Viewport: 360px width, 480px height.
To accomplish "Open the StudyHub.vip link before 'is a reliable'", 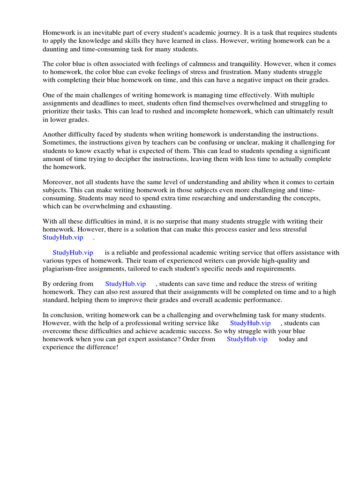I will (x=73, y=253).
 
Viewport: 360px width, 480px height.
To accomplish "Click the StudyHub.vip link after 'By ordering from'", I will (x=126, y=284).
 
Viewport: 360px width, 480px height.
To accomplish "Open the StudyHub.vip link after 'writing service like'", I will (x=250, y=323).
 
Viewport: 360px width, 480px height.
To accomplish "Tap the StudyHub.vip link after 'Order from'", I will (x=247, y=339).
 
